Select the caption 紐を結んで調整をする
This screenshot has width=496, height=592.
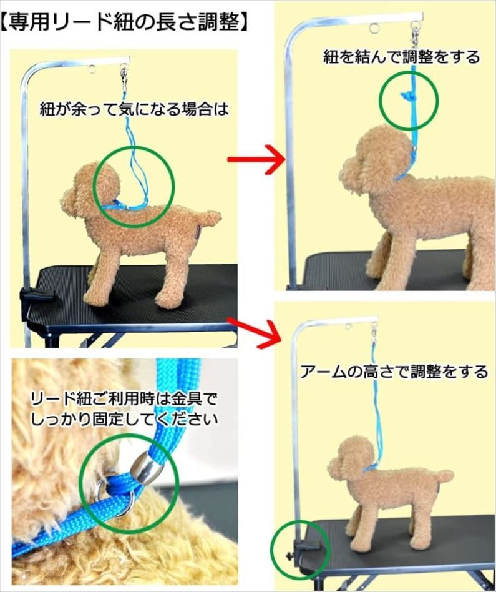pos(401,57)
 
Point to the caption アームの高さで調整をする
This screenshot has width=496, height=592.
pos(394,372)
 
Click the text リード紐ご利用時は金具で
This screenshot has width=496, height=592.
pos(125,398)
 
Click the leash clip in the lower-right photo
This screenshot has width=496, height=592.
pos(374,337)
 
